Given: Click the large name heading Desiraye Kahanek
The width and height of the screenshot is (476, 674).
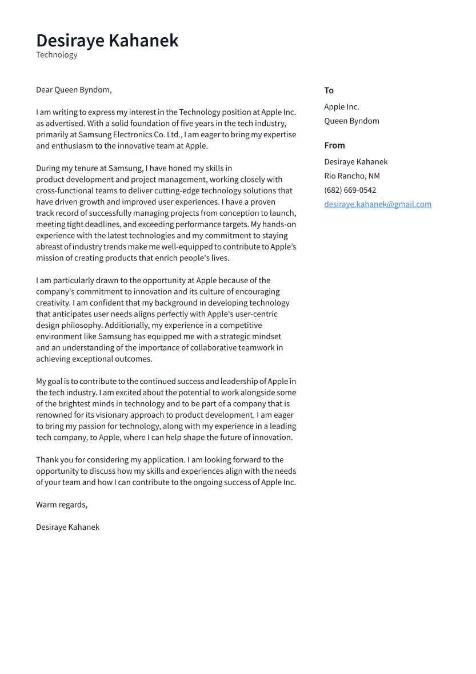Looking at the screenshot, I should pos(107,41).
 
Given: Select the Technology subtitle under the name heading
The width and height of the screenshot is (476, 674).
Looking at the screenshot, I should pos(57,55).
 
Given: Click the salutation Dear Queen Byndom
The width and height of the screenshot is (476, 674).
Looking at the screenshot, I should pos(74,90).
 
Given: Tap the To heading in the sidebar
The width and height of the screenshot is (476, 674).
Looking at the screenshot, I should pos(329,90).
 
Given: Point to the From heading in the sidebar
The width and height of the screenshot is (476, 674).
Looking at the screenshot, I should pos(334,145).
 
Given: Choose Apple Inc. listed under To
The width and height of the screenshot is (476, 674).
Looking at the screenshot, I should pos(341,107).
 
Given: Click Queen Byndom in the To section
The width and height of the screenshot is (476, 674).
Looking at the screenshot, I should pos(351,121).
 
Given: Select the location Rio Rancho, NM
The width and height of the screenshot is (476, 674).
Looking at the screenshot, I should pos(351,176).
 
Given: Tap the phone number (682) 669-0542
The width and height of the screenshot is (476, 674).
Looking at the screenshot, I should pos(350,190).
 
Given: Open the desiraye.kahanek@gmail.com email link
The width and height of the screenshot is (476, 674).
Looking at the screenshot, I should pos(377,204).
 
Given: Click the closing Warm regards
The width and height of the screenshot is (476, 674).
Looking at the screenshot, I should pos(61,505).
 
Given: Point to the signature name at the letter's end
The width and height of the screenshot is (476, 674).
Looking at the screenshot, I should pos(67,527).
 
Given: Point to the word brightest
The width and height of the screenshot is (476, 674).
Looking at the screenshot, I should pos(76,404).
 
